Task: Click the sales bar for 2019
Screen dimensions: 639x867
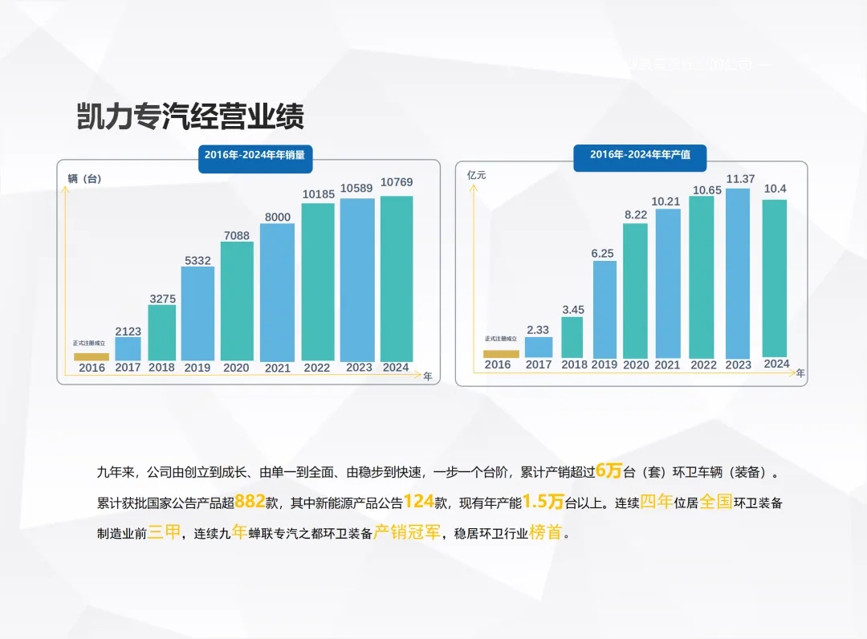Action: pos(197,313)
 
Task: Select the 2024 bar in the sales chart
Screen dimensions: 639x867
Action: pos(397,278)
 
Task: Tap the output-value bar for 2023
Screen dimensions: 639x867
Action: pos(738,273)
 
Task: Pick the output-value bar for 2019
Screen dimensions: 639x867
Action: pos(604,309)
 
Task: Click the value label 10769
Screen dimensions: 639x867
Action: pos(397,182)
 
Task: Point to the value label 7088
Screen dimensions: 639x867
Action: pos(237,235)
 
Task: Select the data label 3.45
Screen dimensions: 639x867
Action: pos(572,309)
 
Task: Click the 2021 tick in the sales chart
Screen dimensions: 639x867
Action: pos(277,368)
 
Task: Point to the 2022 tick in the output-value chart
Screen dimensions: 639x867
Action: pos(703,365)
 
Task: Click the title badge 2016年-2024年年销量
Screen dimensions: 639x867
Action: pos(254,155)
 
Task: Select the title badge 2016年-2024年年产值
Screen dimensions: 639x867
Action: pos(640,155)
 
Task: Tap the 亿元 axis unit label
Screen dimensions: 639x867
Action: pos(477,175)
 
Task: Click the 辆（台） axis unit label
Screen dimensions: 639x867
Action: pos(85,178)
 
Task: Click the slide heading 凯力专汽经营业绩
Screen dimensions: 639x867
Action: pos(190,117)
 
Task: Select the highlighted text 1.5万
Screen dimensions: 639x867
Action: pos(544,503)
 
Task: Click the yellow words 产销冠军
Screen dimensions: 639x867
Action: pos(408,533)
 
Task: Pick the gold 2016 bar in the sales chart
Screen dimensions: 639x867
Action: pos(92,356)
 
